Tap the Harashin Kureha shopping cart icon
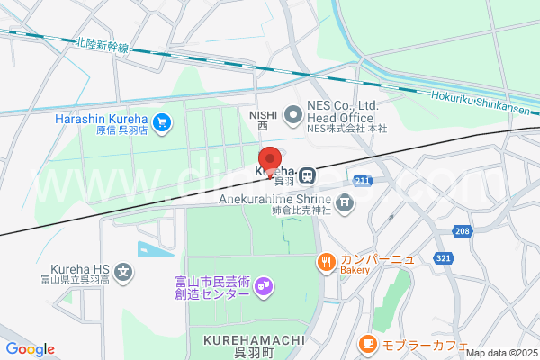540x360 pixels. [162, 120]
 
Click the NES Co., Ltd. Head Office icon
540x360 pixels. [292, 114]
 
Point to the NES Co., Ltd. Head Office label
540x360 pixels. [346, 112]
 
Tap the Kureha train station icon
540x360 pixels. [308, 173]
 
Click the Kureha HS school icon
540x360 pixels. [124, 270]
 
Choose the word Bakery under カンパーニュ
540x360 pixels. [355, 270]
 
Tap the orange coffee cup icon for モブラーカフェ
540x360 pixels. [366, 343]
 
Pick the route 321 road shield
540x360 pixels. [443, 257]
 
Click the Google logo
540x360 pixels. [30, 349]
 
